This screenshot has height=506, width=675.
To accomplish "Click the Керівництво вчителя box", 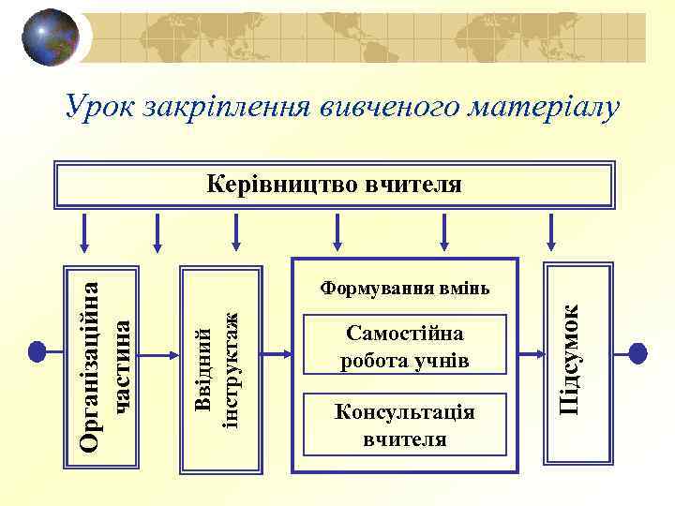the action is (x=334, y=184).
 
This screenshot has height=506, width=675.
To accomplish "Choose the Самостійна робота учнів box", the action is (x=405, y=345).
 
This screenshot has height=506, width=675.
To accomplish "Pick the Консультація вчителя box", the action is (x=405, y=424).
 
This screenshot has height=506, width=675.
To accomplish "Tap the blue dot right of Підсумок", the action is (x=637, y=353).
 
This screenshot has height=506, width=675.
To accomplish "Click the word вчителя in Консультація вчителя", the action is (x=405, y=438).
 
